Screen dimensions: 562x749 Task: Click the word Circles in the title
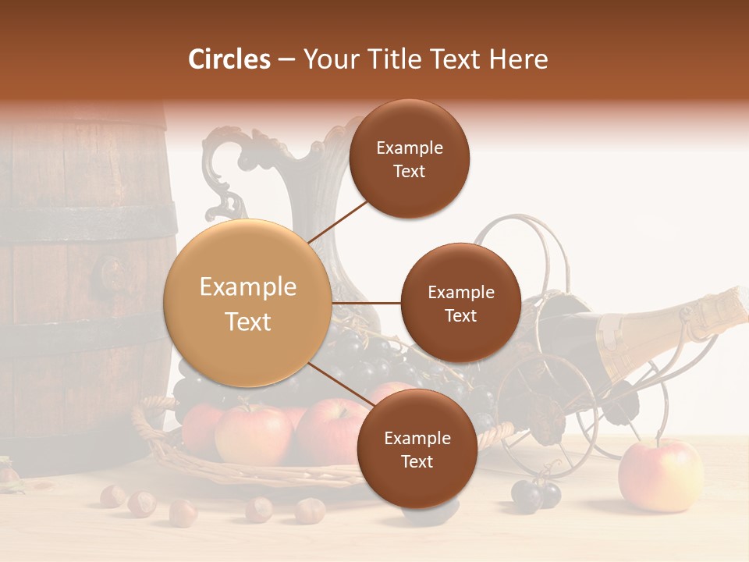[x=229, y=59]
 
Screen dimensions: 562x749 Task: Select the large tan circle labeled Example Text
[x=247, y=303]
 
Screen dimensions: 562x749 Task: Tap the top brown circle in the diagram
[x=409, y=158]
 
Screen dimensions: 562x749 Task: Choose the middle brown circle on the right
[x=460, y=303]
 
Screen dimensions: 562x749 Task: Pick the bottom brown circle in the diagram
[x=417, y=449]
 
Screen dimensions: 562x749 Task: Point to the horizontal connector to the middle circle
[x=366, y=303]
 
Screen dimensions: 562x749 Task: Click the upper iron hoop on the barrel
[x=86, y=223]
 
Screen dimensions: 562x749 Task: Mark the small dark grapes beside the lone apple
[x=536, y=494]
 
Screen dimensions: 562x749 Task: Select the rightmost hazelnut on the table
[x=310, y=510]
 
